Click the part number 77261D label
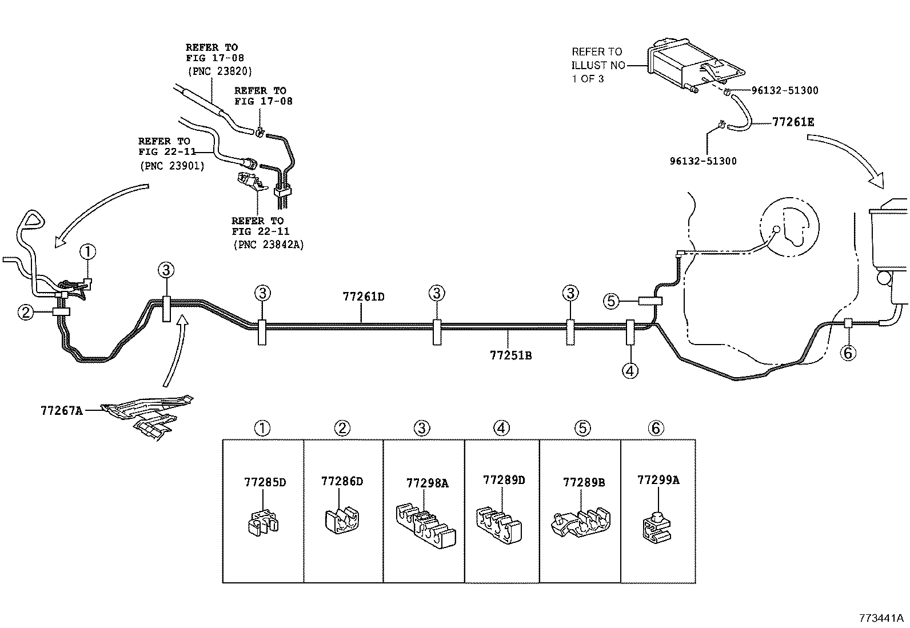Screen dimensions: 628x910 (x=363, y=297)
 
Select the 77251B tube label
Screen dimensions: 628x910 (x=510, y=355)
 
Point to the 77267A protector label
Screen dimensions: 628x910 (x=61, y=410)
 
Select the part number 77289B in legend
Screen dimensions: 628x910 (x=583, y=482)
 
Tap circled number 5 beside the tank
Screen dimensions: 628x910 (x=611, y=301)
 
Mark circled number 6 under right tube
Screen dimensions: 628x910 (x=848, y=353)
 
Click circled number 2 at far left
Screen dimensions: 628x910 (x=25, y=312)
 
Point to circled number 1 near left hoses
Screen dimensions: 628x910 (x=87, y=251)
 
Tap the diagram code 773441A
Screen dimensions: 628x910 (x=881, y=618)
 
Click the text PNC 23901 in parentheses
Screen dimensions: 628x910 (x=171, y=166)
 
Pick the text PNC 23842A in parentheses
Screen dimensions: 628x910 (x=268, y=245)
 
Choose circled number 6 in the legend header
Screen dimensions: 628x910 (x=656, y=427)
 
